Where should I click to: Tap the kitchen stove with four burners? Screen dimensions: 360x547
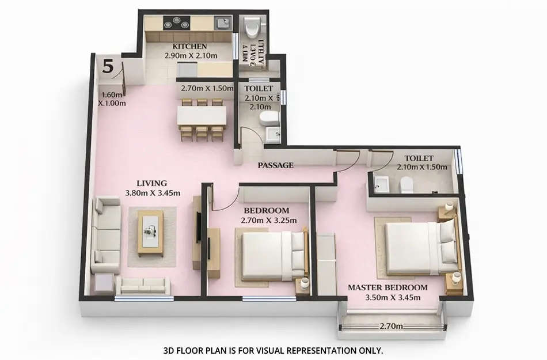pos(176,23)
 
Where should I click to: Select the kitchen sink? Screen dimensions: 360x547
pos(222,23)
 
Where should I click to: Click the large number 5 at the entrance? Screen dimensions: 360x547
pos(108,66)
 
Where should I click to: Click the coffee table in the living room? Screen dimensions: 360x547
pos(150,233)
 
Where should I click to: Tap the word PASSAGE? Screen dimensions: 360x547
pos(275,165)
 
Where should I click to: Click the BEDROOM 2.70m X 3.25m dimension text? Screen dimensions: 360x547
pos(269,220)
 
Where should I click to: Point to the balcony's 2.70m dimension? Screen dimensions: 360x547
pos(392,326)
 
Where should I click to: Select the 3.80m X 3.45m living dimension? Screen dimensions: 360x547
pos(153,193)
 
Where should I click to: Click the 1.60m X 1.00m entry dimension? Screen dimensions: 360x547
pos(112,99)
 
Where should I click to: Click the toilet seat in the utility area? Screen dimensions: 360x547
pos(252,27)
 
